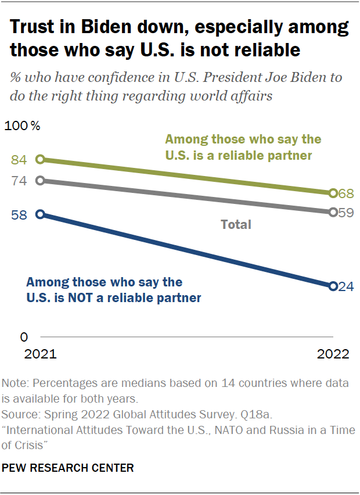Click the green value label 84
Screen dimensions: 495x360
(19, 160)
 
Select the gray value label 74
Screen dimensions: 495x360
(19, 181)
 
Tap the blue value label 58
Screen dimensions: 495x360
(19, 215)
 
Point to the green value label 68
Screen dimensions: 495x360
(347, 193)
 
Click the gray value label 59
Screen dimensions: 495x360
(347, 213)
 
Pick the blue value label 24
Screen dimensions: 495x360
(347, 286)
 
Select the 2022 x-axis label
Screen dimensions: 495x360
(333, 354)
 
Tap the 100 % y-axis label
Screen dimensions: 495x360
(22, 125)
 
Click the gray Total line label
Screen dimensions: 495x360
(236, 224)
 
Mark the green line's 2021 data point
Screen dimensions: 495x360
(40, 159)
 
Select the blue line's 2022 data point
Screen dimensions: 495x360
(333, 286)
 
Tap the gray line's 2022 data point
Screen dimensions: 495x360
(333, 212)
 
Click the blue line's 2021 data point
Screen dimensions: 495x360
(40, 214)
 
